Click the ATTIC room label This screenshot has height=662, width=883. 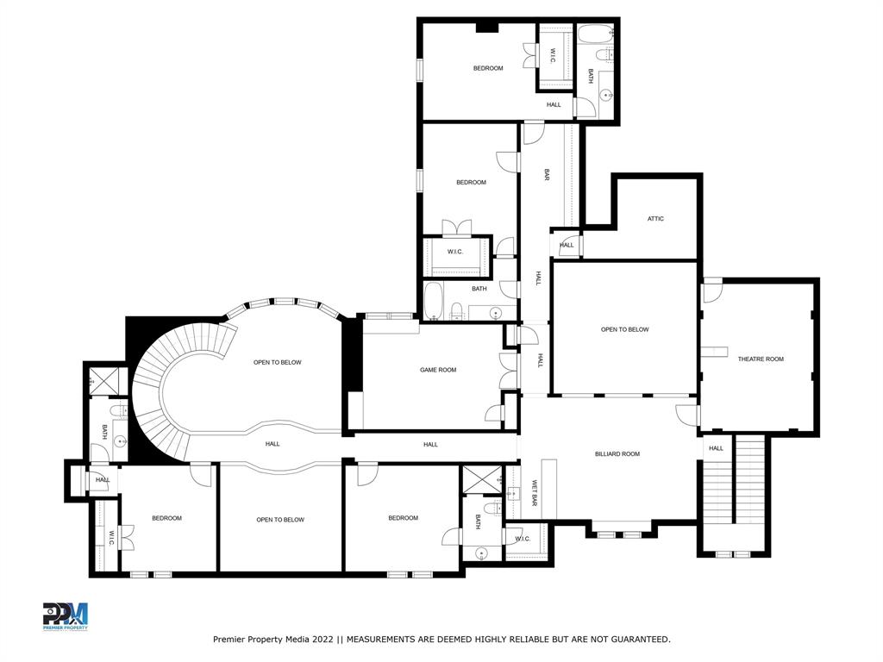(x=655, y=219)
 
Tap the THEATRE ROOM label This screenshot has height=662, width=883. (x=761, y=359)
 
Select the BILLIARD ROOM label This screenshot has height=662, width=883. (x=617, y=453)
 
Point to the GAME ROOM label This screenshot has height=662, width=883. (x=438, y=370)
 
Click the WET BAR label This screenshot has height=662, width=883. (x=535, y=492)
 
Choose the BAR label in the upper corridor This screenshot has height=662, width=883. (x=547, y=174)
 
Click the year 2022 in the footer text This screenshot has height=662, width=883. (x=319, y=639)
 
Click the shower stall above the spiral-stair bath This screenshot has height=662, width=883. (x=106, y=378)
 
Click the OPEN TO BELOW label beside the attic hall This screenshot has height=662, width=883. (x=624, y=329)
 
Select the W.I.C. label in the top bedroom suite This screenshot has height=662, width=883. (x=554, y=57)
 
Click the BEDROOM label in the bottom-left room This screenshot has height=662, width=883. (x=166, y=518)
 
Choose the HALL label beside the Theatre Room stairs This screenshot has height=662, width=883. (x=716, y=448)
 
